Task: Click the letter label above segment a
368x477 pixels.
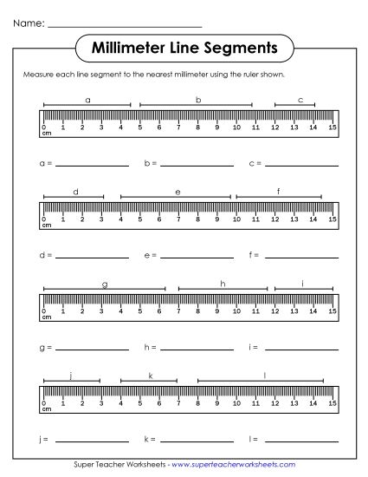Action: [x=87, y=100]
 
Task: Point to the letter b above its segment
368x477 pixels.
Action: [x=198, y=100]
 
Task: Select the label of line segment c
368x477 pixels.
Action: [x=300, y=100]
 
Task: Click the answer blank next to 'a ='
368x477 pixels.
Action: [x=92, y=163]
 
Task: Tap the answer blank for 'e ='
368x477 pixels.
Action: [x=197, y=256]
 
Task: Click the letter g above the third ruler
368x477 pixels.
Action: [x=105, y=284]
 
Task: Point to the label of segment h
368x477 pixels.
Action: [x=223, y=284]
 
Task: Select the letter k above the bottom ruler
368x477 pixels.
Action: [x=150, y=376]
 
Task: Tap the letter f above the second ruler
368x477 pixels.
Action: [x=279, y=191]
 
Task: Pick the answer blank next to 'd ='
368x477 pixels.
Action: [x=92, y=256]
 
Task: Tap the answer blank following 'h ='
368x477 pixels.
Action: [x=197, y=349]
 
